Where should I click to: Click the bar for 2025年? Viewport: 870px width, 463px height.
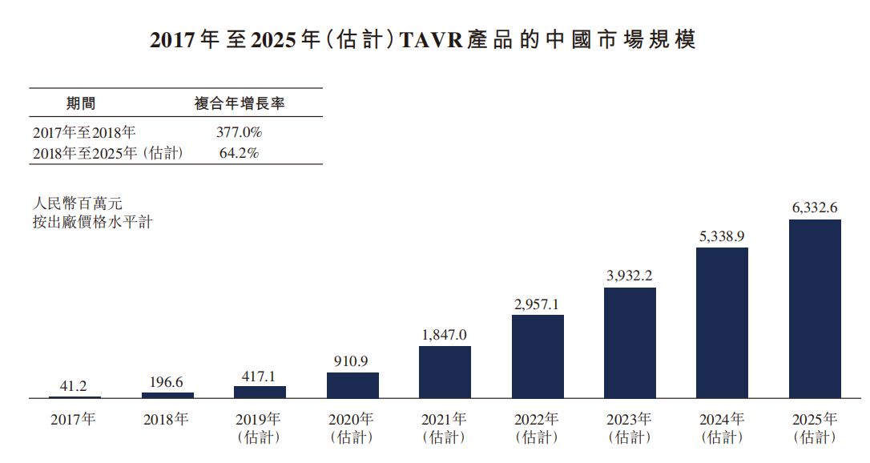815,308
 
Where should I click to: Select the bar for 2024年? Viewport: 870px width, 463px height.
722,323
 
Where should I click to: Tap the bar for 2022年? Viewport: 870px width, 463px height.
538,356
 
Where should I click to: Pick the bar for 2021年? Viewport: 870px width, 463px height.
445,372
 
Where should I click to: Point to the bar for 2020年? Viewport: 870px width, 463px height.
352,385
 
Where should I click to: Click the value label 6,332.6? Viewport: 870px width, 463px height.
815,207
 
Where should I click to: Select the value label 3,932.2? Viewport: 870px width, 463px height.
630,276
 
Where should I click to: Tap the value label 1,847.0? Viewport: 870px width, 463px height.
445,334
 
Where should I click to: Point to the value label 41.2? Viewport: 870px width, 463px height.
75,385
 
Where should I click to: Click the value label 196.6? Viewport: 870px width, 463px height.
167,380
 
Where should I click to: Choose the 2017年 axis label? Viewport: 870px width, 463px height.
73,419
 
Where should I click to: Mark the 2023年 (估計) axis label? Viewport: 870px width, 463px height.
630,428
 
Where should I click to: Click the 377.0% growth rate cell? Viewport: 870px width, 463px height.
239,132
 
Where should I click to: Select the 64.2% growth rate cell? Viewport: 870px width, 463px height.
239,152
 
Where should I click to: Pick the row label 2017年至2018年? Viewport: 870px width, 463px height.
84,132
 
